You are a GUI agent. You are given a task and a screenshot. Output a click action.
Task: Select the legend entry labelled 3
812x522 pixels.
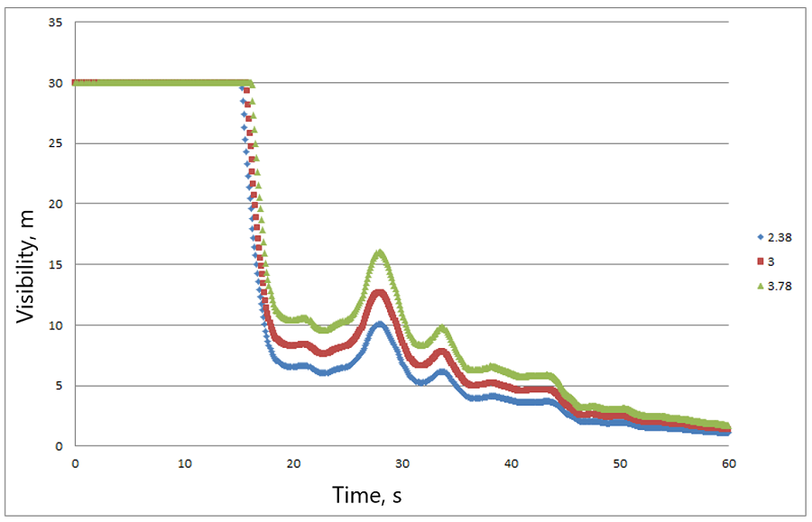click(x=772, y=261)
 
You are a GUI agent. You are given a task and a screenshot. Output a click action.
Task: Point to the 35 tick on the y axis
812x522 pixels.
click(x=55, y=23)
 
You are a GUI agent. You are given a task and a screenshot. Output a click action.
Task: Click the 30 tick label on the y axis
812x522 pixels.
click(x=55, y=83)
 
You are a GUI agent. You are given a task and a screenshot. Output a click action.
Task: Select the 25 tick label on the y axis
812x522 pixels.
click(x=55, y=143)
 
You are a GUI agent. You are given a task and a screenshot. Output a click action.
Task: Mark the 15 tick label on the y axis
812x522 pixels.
click(x=55, y=264)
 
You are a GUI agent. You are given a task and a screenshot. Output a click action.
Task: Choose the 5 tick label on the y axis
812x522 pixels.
click(x=58, y=386)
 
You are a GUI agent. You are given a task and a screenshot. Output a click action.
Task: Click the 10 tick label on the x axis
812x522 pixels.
click(x=184, y=463)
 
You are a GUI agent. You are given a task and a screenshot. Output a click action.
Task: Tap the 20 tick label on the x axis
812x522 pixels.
click(x=293, y=463)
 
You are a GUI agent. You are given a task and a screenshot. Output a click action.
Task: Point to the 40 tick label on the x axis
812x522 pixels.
click(x=511, y=463)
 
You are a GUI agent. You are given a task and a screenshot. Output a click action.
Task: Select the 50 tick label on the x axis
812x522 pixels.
click(x=620, y=463)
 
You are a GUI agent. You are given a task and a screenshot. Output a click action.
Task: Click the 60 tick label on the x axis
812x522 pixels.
click(x=729, y=463)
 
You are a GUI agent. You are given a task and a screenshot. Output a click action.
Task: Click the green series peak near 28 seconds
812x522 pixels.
click(x=380, y=253)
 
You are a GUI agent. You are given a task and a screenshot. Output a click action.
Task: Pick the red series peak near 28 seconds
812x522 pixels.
click(x=380, y=292)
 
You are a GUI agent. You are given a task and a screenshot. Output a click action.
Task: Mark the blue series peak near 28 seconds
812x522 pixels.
click(x=380, y=325)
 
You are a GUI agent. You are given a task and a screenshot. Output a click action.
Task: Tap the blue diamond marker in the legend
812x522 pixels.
click(x=759, y=238)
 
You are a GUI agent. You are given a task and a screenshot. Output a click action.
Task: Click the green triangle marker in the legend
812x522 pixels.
click(x=759, y=286)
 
